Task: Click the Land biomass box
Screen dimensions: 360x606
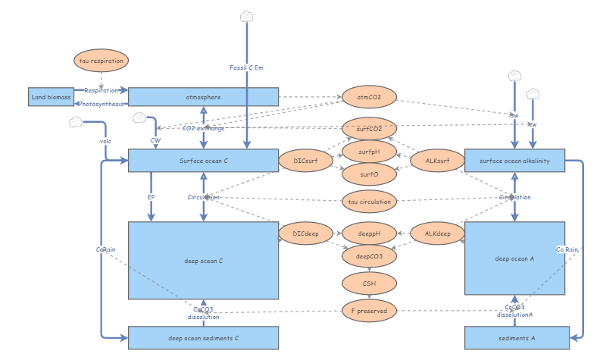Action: pyautogui.click(x=51, y=97)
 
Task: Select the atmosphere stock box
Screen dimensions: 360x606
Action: pyautogui.click(x=204, y=97)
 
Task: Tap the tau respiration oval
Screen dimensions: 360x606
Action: pyautogui.click(x=102, y=61)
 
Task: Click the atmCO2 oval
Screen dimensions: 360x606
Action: pyautogui.click(x=369, y=97)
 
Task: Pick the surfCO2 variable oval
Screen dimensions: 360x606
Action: pyautogui.click(x=369, y=128)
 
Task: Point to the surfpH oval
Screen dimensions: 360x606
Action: pyautogui.click(x=369, y=152)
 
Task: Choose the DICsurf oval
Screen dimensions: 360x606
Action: pyautogui.click(x=305, y=161)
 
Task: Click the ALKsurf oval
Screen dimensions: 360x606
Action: pyautogui.click(x=436, y=161)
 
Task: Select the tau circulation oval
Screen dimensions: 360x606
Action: pyautogui.click(x=369, y=202)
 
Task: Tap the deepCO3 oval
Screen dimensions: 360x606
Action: pyautogui.click(x=369, y=257)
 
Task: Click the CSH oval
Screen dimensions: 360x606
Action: pyautogui.click(x=369, y=283)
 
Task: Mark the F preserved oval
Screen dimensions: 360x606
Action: pyautogui.click(x=369, y=310)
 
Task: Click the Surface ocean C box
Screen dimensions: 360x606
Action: pyautogui.click(x=204, y=161)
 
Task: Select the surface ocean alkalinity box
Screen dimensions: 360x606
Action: pyautogui.click(x=515, y=161)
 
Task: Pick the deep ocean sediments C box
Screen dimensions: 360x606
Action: pyautogui.click(x=204, y=338)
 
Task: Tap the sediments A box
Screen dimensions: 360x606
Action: pyautogui.click(x=515, y=338)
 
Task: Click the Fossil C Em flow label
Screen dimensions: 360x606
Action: pyautogui.click(x=247, y=68)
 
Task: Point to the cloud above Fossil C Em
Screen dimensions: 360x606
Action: pyautogui.click(x=247, y=17)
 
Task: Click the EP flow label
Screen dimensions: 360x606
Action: pyautogui.click(x=151, y=197)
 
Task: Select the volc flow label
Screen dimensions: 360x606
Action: pyautogui.click(x=105, y=141)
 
